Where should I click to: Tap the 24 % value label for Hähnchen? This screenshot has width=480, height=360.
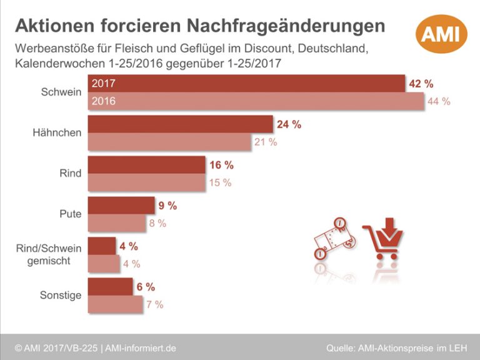click(x=289, y=124)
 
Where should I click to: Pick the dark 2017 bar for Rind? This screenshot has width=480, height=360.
click(x=147, y=165)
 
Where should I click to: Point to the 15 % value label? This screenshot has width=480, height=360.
click(x=219, y=182)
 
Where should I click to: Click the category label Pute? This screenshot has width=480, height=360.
click(x=70, y=214)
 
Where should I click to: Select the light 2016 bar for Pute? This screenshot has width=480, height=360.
click(x=119, y=223)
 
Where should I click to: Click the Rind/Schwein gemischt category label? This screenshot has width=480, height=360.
click(x=48, y=254)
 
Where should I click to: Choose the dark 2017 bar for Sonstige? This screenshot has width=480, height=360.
click(x=110, y=287)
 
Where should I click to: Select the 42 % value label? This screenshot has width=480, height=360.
click(x=421, y=84)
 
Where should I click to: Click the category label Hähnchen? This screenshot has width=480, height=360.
click(x=57, y=132)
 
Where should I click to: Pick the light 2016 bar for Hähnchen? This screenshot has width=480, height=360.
click(x=169, y=142)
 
